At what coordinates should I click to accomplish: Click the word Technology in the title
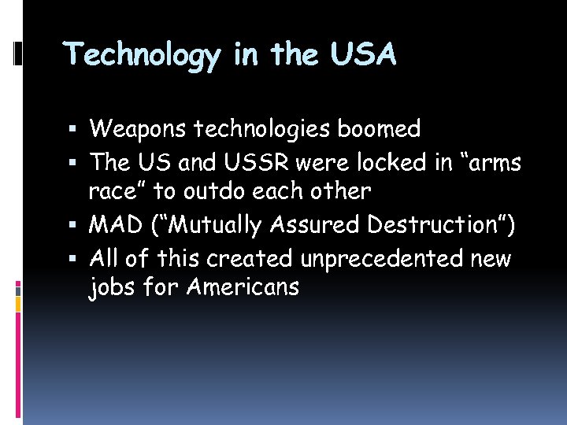(x=143, y=56)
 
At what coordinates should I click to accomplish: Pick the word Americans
(x=243, y=288)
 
